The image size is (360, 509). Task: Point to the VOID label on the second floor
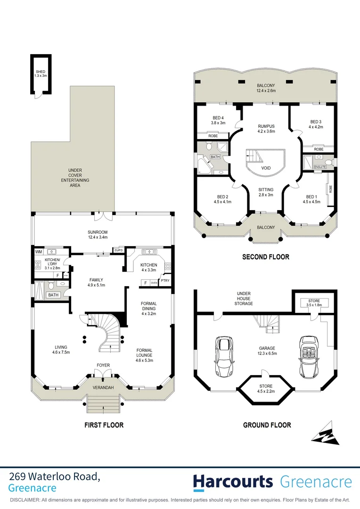[x=266, y=168]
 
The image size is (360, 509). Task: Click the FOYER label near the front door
[x=103, y=365]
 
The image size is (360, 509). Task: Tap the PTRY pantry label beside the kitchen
[x=165, y=281]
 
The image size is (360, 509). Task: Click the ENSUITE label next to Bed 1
[x=320, y=167]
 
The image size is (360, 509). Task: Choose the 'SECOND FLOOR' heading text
[x=266, y=257]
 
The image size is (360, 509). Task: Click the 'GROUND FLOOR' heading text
[x=267, y=425]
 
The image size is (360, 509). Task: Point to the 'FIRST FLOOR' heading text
[x=104, y=425]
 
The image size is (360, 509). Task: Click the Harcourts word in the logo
[x=233, y=482]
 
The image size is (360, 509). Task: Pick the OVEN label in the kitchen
[x=154, y=283]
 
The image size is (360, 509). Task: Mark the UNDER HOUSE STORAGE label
[x=244, y=298]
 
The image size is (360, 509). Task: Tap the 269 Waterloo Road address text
[x=54, y=477]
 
